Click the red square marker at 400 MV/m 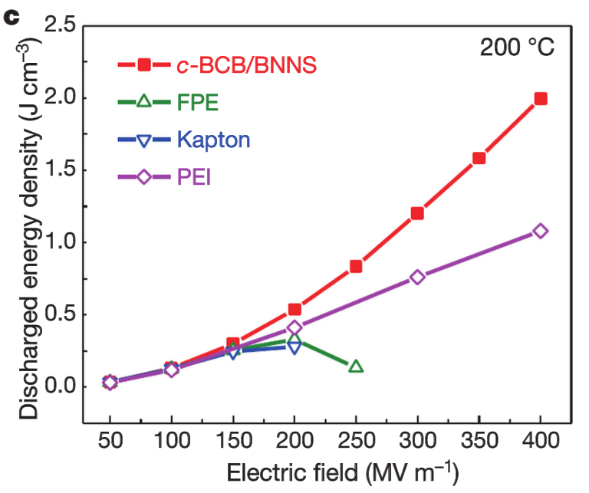(x=540, y=98)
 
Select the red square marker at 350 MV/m (x=479, y=158)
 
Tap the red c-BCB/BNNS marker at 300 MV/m (x=417, y=212)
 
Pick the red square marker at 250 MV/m (x=356, y=266)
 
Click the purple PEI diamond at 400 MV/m (x=540, y=231)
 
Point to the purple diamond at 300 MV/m (x=417, y=277)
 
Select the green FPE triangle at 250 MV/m (x=356, y=366)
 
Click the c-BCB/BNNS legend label (x=246, y=65)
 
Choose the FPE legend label (x=198, y=102)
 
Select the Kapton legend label (x=212, y=139)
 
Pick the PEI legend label (x=194, y=177)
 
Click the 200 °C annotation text (x=517, y=48)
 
